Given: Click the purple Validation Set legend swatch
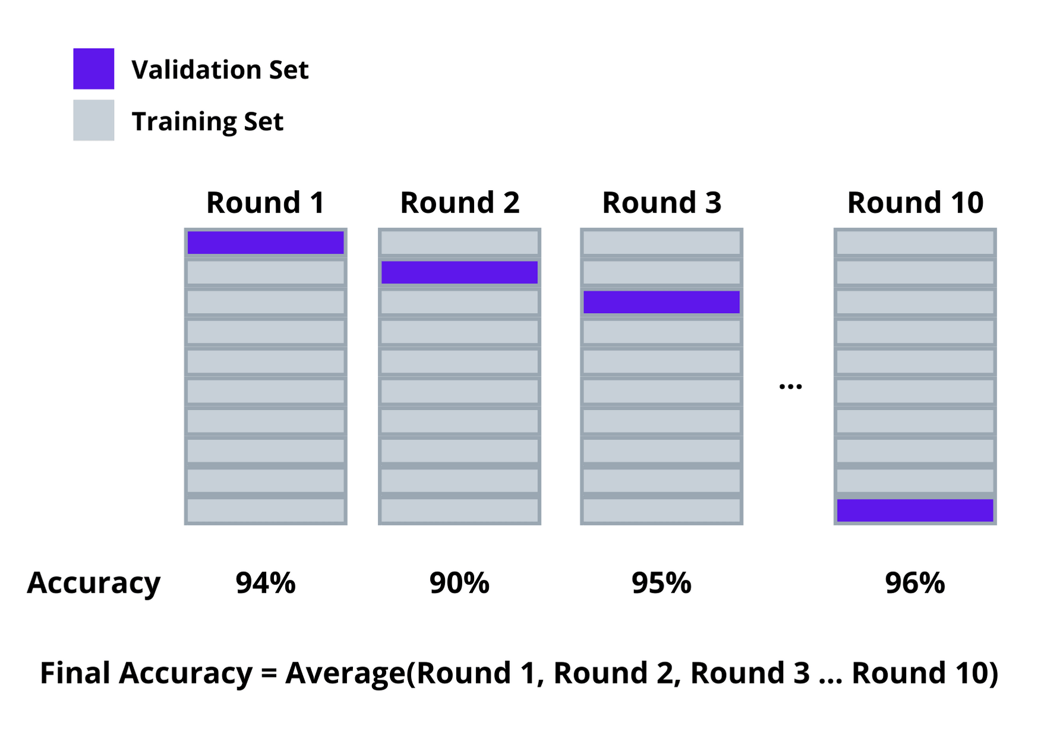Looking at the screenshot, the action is coord(93,69).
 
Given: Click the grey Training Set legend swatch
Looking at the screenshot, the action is coord(93,120).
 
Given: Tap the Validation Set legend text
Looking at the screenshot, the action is coord(220,70).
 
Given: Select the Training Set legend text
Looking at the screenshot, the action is coord(207,122).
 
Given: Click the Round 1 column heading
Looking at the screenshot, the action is coord(266,203).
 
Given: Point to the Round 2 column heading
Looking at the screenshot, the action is coord(460,203).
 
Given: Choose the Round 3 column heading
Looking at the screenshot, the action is coord(662,203).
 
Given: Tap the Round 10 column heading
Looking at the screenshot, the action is coord(916,203).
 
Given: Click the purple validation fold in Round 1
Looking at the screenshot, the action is coord(266,242).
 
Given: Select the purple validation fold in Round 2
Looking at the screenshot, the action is coord(459,272).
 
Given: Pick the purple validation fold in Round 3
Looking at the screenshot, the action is coord(661,302).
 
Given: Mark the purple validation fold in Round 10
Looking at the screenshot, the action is coord(915,511).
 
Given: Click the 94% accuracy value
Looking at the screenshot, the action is coord(266,583).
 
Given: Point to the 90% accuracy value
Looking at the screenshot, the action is coord(459,583).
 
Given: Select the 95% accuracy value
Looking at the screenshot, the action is coord(661,583).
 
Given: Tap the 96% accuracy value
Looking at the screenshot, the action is coord(915,583).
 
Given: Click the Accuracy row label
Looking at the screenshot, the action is coord(94,584).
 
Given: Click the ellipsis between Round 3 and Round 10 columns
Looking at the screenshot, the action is coord(790,387).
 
